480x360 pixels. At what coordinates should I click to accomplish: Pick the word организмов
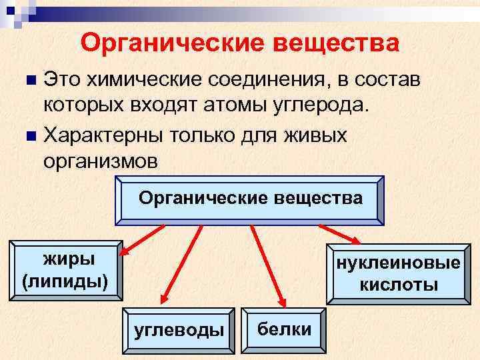coord(101,163)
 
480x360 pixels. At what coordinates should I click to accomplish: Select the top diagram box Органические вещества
coord(250,199)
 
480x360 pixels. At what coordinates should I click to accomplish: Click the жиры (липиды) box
coord(65,269)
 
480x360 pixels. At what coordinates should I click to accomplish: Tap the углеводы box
coord(179,329)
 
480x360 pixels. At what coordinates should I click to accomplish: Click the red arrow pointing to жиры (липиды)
coord(142,239)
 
